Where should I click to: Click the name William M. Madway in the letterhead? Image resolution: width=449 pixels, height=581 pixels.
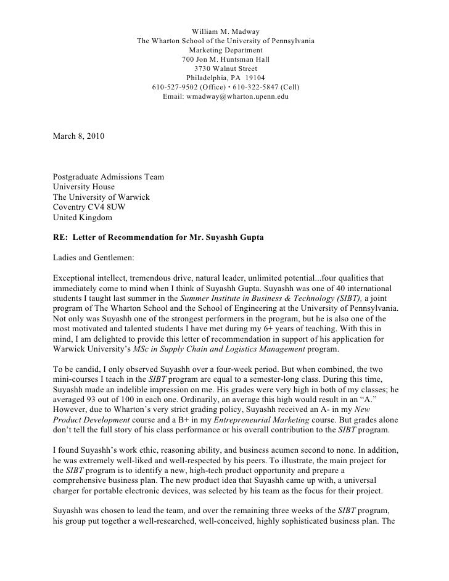[225, 31]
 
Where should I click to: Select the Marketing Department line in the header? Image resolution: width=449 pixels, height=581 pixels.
[225, 50]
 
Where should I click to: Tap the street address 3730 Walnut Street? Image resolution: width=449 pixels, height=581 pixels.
[225, 68]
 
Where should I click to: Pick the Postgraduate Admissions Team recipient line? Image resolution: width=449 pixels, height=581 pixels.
[109, 176]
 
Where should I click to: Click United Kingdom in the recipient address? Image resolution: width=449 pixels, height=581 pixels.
[83, 218]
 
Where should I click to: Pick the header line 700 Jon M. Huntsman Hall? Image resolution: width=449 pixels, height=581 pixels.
[225, 59]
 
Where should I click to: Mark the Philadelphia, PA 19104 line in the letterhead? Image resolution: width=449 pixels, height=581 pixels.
[225, 78]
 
